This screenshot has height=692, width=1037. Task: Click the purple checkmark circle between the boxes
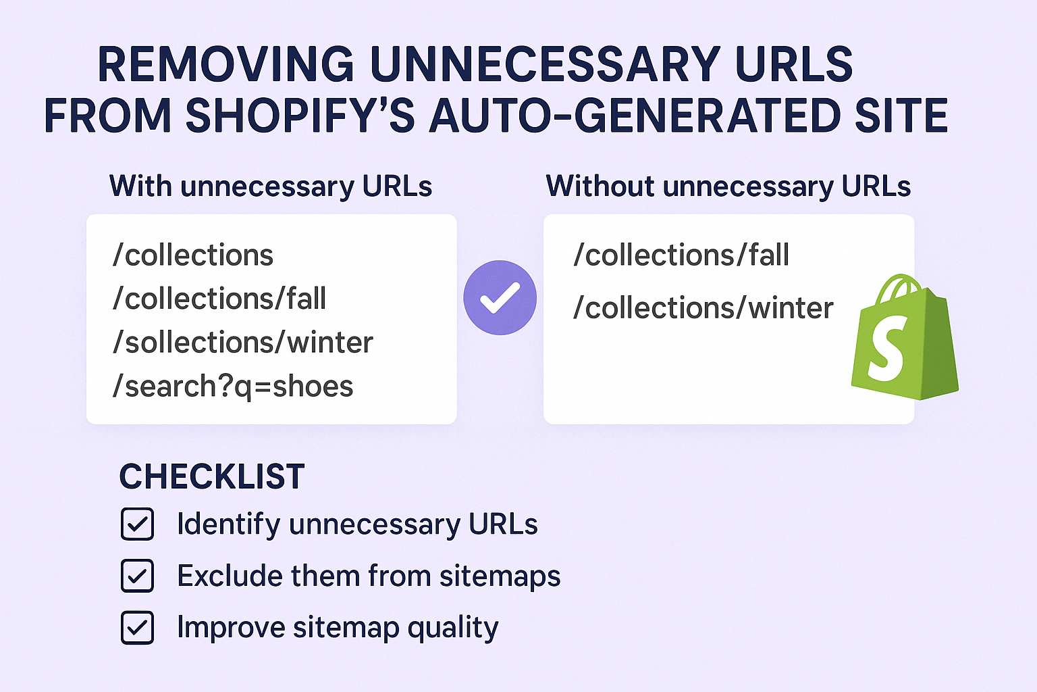point(500,297)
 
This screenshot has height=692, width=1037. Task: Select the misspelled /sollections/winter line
point(243,343)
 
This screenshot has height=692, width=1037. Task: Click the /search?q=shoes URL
point(233,387)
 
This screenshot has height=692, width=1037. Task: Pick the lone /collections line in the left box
point(193,255)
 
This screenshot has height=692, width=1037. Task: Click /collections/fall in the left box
point(219,299)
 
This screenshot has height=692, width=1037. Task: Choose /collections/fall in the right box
point(681,255)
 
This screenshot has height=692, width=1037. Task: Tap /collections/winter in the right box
point(703,308)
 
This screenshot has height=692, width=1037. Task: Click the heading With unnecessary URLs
point(271,186)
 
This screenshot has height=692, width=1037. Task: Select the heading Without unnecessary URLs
point(728,186)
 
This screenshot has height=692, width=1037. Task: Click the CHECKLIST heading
point(212,476)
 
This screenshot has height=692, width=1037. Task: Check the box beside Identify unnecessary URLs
point(137,524)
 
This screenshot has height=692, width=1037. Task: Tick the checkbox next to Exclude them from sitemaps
point(137,576)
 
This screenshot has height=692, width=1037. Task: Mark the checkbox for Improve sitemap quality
point(137,627)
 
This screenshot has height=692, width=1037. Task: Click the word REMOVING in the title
point(225,65)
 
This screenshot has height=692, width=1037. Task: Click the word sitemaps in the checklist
point(500,576)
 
